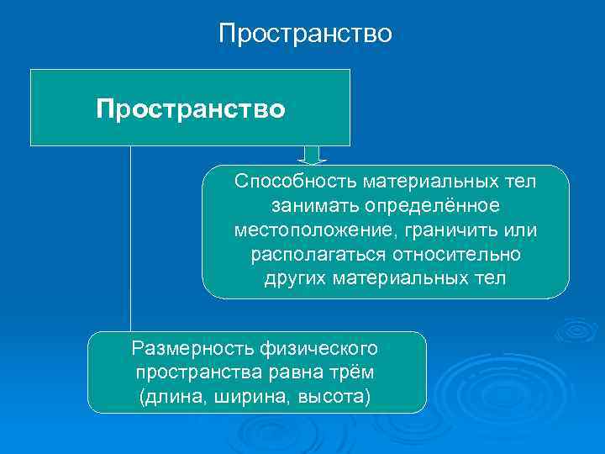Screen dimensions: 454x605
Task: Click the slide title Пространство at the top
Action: click(305, 34)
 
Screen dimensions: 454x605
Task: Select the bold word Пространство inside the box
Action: click(190, 109)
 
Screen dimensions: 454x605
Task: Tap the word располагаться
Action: click(317, 254)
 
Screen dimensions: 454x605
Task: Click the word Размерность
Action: click(188, 347)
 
